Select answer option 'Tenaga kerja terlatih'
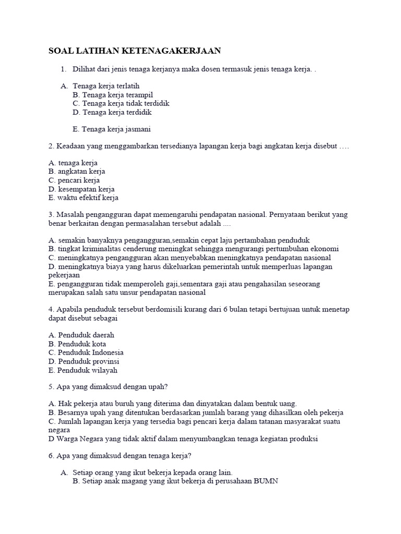[106, 86]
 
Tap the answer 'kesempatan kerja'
[86, 189]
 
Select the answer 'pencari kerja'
[79, 180]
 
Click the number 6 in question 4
[226, 309]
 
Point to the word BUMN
[266, 481]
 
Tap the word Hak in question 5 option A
[65, 404]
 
